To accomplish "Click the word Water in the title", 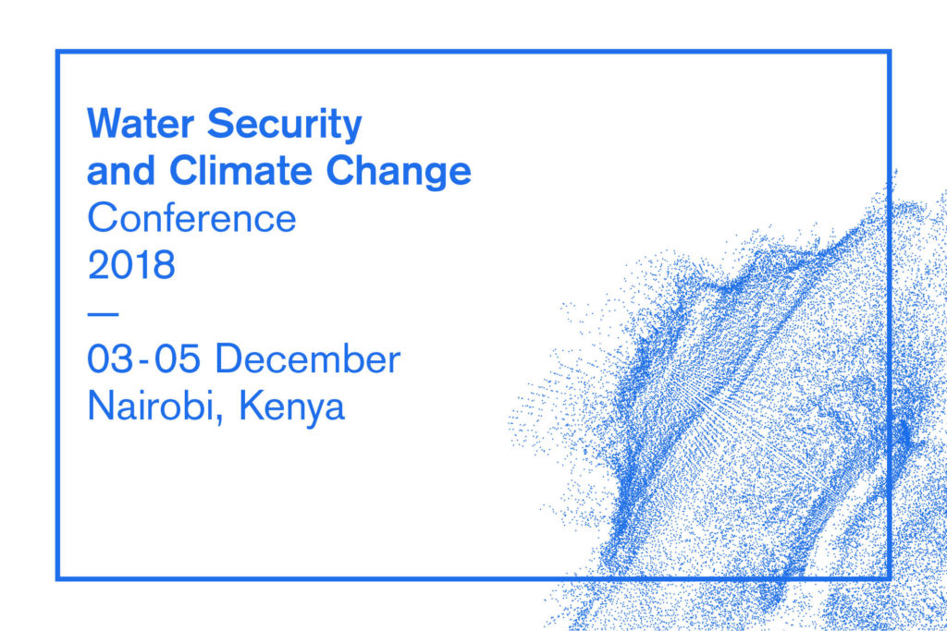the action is [x=141, y=123].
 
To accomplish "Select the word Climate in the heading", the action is [x=240, y=170].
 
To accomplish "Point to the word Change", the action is [x=399, y=172].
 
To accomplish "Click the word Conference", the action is [x=192, y=217].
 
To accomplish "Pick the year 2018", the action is [x=131, y=264].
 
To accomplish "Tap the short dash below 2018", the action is [x=103, y=314].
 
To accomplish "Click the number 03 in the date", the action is [x=110, y=358].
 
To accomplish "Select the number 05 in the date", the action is [x=177, y=358].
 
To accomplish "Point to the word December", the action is [x=308, y=358].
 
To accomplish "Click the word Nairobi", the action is [x=151, y=405].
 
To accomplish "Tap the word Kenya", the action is [x=291, y=407].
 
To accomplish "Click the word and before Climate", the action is [x=121, y=171].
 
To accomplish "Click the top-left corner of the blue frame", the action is [x=58, y=52].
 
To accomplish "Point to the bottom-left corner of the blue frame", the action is [x=58, y=578].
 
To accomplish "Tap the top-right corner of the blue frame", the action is [x=889, y=52].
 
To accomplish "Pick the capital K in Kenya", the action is [x=252, y=406].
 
